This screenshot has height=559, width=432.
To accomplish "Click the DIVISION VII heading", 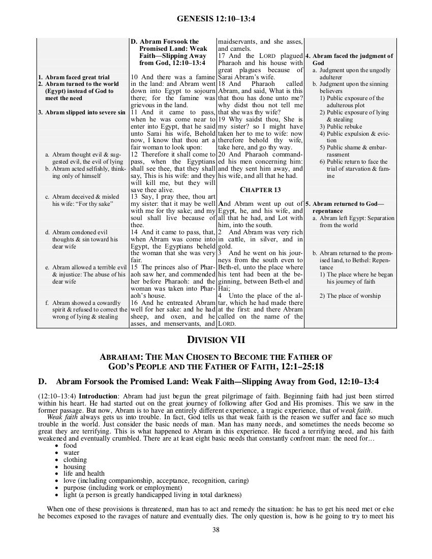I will [x=216, y=339].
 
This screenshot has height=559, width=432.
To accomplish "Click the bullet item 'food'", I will [x=70, y=446].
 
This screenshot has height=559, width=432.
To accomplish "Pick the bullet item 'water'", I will [x=71, y=453].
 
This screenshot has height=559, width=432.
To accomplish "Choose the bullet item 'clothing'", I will [x=74, y=460].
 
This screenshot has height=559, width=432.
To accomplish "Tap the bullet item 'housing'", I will [x=74, y=467].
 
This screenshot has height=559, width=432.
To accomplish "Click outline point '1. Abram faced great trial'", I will [x=74, y=77].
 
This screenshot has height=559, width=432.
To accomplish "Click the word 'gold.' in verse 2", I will [x=225, y=245].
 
